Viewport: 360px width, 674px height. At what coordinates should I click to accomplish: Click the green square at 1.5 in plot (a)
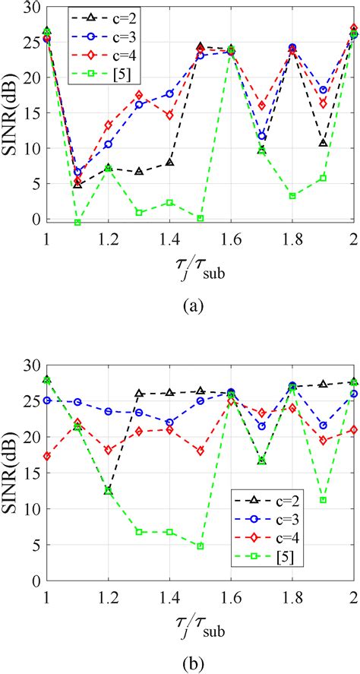[x=201, y=218]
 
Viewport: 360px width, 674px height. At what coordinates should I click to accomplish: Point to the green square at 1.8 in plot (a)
[x=292, y=196]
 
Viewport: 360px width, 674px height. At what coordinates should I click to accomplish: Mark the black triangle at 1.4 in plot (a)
[x=169, y=163]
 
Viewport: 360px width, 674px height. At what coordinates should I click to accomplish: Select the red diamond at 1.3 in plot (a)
[x=139, y=95]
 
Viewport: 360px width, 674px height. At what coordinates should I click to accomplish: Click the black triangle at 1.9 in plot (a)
[x=323, y=143]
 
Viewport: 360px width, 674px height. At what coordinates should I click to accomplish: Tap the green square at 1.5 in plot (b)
[x=201, y=546]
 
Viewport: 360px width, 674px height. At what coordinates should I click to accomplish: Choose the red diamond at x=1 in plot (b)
[x=47, y=456]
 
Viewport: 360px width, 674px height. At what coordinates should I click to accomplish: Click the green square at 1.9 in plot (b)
[x=323, y=500]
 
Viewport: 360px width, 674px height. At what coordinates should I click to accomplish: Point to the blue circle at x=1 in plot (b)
[x=47, y=400]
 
